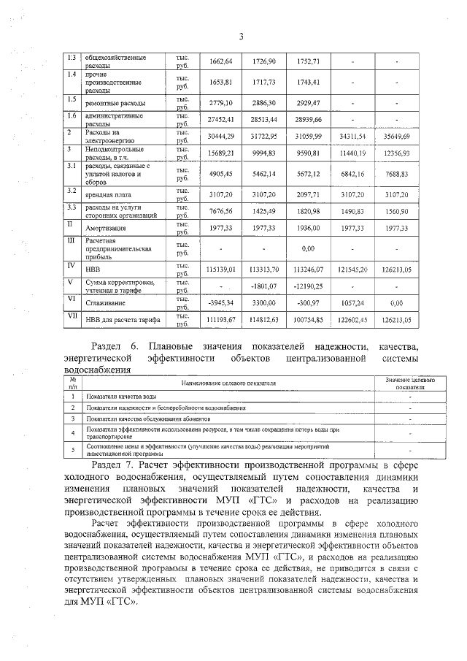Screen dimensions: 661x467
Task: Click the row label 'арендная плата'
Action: pyautogui.click(x=106, y=195)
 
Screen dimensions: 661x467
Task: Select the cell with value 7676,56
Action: pyautogui.click(x=220, y=213)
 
